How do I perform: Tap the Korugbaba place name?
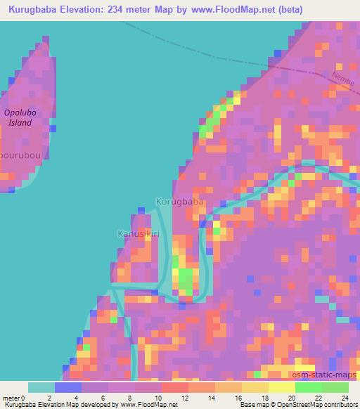point(180,202)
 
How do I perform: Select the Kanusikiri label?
point(137,233)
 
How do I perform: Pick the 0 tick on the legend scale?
point(28,398)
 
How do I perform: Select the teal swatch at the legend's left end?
point(41,387)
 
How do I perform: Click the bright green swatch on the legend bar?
point(309,387)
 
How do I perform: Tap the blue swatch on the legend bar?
point(68,387)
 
